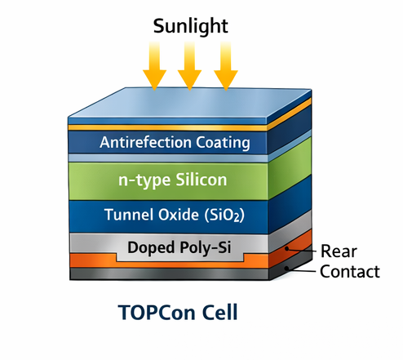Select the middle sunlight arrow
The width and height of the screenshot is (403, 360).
pos(189,67)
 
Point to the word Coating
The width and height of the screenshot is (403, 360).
pos(222,143)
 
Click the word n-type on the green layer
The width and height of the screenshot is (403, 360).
pos(139,179)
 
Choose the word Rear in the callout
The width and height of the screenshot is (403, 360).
pos(337,251)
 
